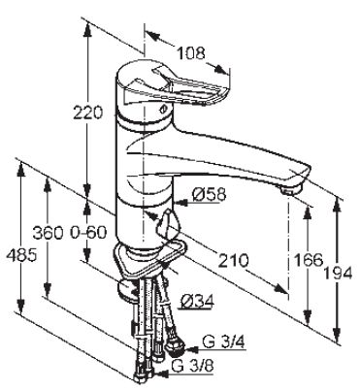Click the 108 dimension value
click(191, 53)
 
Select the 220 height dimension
click(87, 113)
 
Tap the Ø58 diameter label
click(209, 194)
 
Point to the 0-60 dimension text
click(88, 232)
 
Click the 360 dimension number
click(49, 233)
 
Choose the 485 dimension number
click(21, 256)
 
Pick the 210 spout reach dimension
click(233, 260)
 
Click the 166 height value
click(308, 260)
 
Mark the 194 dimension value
click(338, 274)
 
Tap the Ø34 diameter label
click(198, 302)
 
